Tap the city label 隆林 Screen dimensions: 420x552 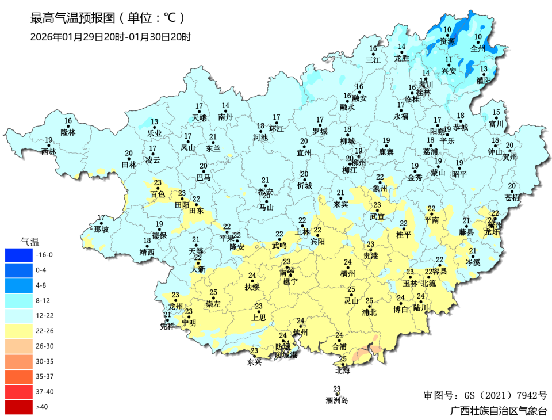point(68,132)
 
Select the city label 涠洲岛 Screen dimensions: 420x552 point(337,401)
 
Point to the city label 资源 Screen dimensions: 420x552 point(447,41)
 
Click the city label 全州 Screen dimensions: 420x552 point(478,49)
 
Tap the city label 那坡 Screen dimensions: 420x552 point(101,230)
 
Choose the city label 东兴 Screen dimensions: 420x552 point(254,362)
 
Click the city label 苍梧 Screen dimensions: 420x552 point(512,197)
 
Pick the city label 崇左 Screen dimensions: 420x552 point(213,304)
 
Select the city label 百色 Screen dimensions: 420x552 point(158,194)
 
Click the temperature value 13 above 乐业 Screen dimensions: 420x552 point(154,122)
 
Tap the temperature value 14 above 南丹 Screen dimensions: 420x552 point(225,105)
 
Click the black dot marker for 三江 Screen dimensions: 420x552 point(374,55)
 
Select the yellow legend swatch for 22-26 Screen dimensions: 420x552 point(20,331)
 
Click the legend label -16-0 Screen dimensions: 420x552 point(44,254)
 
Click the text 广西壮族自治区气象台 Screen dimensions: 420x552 point(499,411)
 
